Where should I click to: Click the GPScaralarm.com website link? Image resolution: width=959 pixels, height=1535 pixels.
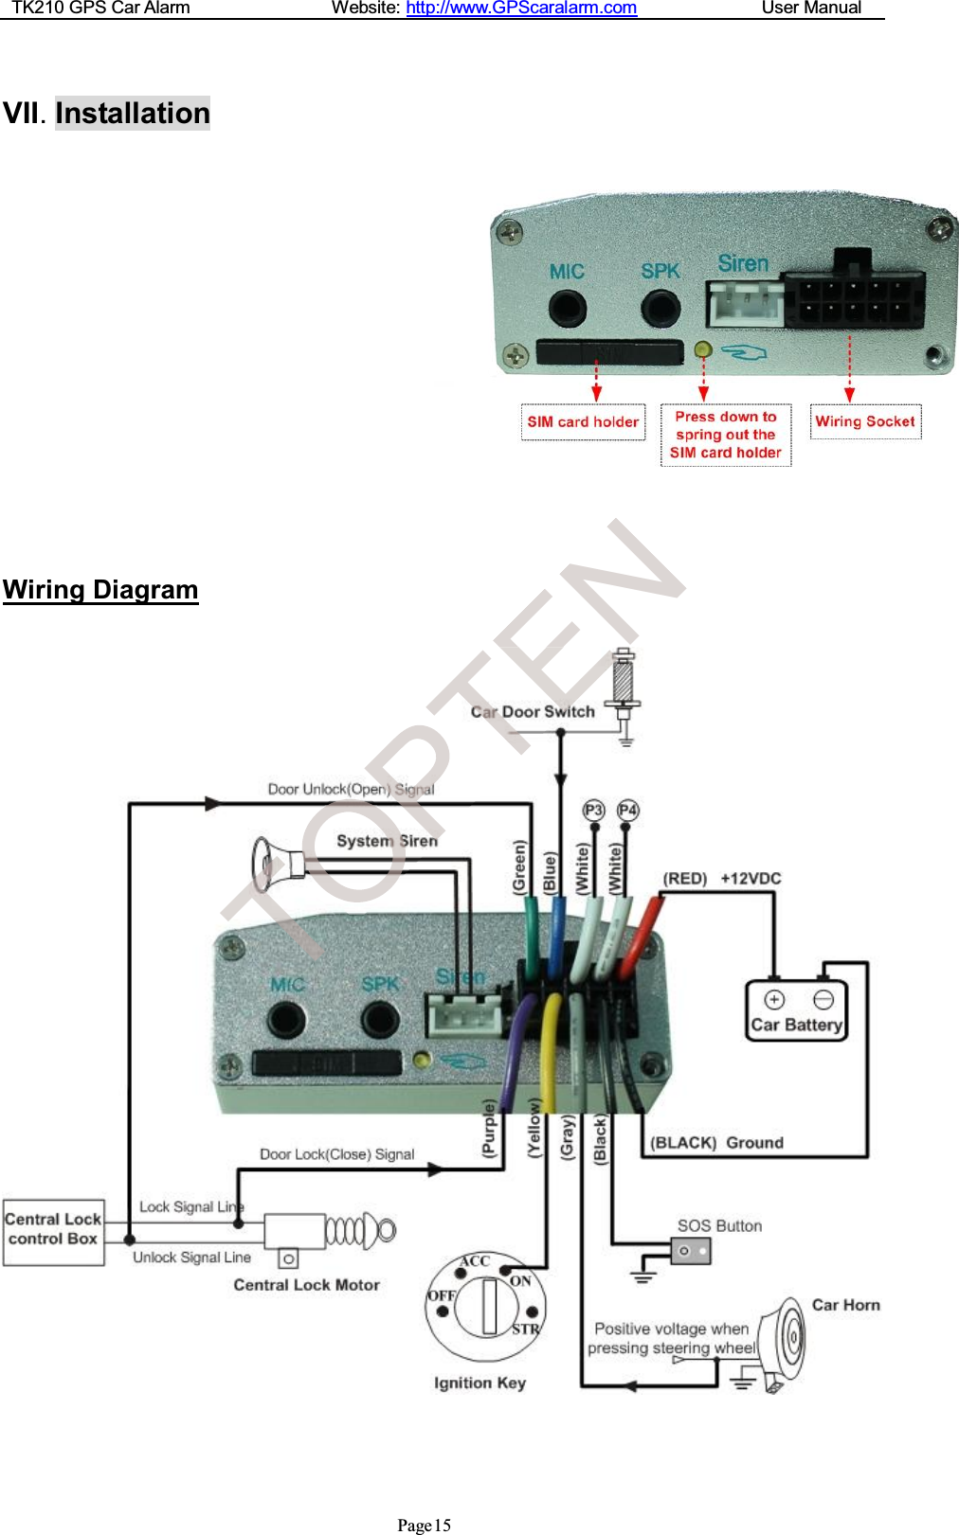(521, 9)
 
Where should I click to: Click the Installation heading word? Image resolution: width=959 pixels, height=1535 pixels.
(133, 114)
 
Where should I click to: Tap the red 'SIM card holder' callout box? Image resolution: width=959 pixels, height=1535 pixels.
(583, 422)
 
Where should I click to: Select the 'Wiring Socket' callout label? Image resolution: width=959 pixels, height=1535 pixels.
(865, 421)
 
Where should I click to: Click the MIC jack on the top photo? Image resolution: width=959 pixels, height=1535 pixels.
(567, 307)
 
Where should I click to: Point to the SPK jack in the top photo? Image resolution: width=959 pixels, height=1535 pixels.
(660, 307)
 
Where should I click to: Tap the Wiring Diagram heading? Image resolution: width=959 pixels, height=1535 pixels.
(100, 590)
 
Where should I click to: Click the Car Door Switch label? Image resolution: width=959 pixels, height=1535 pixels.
(533, 712)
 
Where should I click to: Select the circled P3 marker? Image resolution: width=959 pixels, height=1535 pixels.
(593, 811)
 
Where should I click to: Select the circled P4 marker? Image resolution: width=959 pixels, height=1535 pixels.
(627, 811)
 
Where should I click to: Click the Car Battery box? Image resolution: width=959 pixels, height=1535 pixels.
(796, 1011)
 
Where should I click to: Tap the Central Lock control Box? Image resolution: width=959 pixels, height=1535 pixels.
(53, 1230)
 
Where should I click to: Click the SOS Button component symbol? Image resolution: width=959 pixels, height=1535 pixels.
(691, 1251)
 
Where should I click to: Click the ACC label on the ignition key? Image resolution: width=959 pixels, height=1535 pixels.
(475, 1261)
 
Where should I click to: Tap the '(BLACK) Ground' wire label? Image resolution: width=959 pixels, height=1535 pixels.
(717, 1143)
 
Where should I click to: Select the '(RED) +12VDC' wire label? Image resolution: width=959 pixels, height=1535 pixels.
(722, 879)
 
